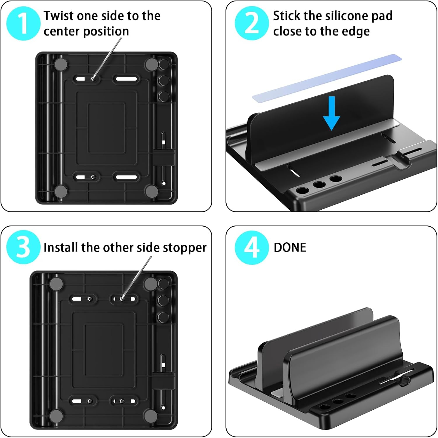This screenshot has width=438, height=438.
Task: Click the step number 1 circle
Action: [23, 23]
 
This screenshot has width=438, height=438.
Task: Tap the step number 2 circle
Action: [252, 23]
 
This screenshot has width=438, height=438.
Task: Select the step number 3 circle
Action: [23, 247]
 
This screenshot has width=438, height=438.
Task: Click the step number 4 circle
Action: [252, 248]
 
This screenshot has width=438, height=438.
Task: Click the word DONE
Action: [290, 248]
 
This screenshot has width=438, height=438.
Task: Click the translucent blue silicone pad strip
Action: [327, 77]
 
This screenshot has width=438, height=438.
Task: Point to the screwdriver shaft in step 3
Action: [137, 277]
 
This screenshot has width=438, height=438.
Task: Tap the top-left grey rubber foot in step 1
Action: [61, 64]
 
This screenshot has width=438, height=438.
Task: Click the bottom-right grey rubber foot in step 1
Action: [152, 191]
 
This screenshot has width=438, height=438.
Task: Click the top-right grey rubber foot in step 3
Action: [151, 283]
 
